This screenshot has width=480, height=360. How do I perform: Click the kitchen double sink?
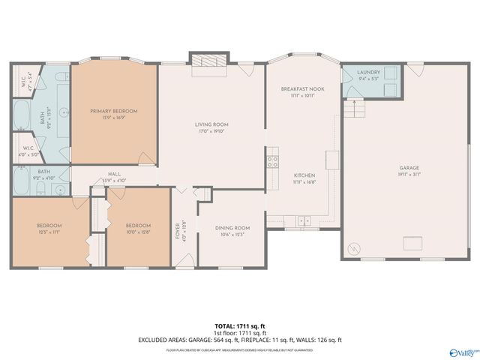(304, 220)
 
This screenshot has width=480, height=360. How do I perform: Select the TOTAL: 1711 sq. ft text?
(240, 326)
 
